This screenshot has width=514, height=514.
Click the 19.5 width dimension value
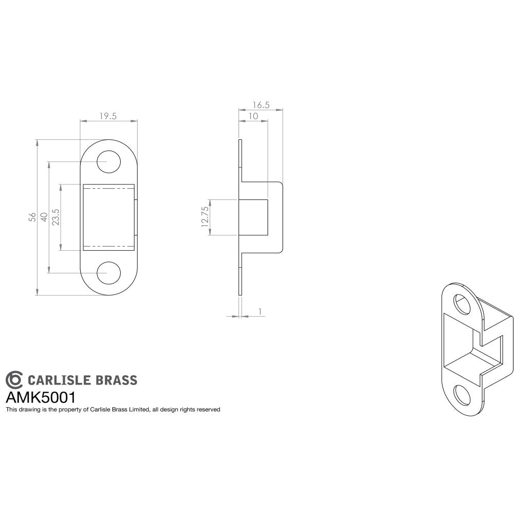click(107, 116)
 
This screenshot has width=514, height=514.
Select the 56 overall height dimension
click(32, 216)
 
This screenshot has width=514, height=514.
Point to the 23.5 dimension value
click(56, 217)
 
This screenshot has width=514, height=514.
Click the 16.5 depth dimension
click(261, 105)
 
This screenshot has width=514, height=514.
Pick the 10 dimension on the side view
click(253, 116)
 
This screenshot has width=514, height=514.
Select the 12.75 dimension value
click(205, 217)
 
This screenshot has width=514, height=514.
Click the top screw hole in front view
click(108, 162)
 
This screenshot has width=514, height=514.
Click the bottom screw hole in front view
click(108, 272)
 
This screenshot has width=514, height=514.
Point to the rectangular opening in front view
click(108, 217)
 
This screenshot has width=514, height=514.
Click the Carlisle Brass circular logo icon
click(14, 379)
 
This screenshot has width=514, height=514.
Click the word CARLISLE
click(60, 380)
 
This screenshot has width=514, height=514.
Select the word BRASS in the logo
click(117, 380)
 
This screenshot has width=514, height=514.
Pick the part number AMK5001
click(41, 397)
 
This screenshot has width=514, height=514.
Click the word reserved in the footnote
click(208, 410)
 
